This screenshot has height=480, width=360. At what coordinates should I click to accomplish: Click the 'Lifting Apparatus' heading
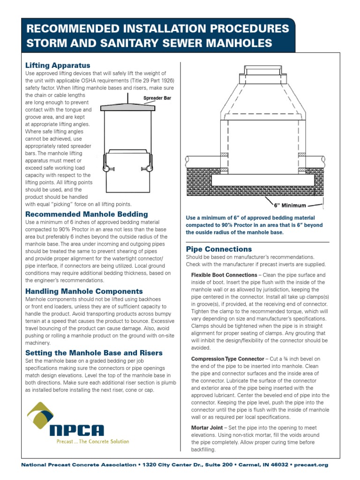(57, 65)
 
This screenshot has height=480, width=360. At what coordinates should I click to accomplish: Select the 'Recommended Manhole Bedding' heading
(86, 214)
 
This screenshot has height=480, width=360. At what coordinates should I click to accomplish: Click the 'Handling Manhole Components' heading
(83, 291)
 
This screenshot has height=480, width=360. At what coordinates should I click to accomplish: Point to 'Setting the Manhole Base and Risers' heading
(94, 352)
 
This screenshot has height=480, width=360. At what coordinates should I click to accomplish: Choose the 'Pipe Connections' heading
(219, 249)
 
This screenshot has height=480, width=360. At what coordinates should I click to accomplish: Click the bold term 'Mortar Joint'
(207, 428)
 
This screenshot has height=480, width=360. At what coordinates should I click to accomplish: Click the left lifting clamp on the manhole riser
(106, 168)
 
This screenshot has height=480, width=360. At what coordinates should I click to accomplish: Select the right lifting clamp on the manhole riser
(146, 168)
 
